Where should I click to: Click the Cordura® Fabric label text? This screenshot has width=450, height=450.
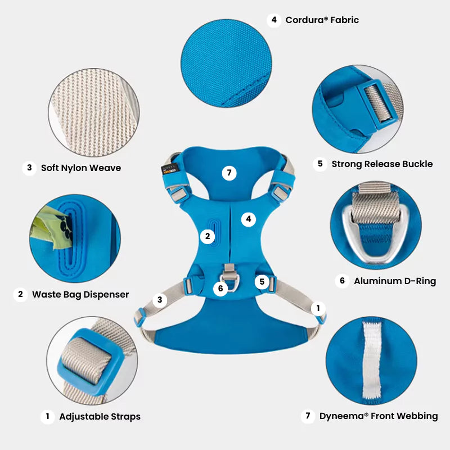click(x=322, y=20)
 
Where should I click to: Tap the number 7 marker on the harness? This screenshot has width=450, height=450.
click(x=229, y=173)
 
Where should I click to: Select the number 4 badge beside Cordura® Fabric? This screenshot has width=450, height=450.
click(x=274, y=20)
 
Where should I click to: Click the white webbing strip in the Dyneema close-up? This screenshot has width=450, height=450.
click(x=372, y=360)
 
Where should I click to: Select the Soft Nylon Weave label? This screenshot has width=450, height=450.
click(x=81, y=168)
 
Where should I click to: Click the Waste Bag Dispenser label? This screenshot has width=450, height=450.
click(x=80, y=294)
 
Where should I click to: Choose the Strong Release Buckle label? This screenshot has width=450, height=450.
click(x=382, y=164)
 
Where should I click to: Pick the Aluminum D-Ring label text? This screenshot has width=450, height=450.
click(x=395, y=281)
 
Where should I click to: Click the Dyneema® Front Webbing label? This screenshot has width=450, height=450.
click(x=379, y=416)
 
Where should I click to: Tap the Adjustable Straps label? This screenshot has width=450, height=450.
click(x=100, y=416)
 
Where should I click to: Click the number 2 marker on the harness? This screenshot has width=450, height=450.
click(x=208, y=236)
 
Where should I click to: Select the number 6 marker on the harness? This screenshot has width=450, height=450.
click(x=220, y=288)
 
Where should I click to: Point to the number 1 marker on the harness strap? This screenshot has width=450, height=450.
click(x=318, y=308)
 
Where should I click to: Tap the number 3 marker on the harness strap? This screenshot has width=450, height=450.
click(x=160, y=300)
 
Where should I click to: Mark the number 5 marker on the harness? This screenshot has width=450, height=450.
click(x=262, y=282)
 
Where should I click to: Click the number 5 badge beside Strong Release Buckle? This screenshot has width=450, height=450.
click(x=320, y=164)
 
